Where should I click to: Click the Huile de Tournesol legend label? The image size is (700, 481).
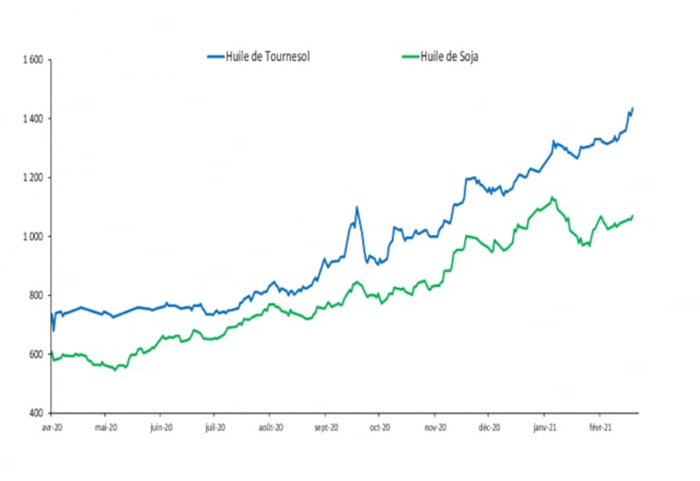270,56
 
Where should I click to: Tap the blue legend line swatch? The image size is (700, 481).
215,56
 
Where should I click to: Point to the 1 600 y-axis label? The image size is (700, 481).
32,61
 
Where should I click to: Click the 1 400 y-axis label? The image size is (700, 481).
32,119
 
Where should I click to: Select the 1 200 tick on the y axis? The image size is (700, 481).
32,179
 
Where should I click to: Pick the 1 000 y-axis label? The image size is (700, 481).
32,237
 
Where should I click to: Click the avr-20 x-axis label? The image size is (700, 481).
51,426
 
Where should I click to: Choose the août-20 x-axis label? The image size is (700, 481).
271,426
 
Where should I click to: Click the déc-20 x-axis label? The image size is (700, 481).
489,426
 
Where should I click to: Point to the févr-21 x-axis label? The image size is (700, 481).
600,426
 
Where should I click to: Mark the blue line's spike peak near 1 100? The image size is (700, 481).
356,207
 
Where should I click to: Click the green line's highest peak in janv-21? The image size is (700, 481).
552,197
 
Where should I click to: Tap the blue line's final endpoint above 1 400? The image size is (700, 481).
633,107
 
